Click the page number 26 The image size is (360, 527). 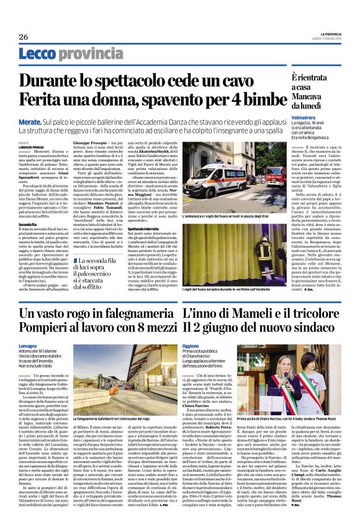click(24, 37)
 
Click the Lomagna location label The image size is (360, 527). click(29, 345)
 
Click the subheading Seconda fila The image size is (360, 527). click(29, 223)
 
